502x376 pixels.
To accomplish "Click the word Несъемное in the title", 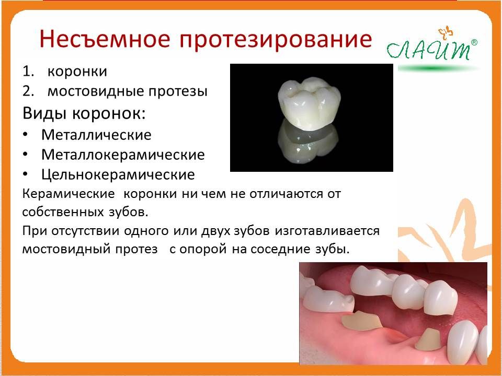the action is click(x=105, y=39).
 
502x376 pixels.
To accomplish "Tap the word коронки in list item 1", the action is click(x=77, y=72).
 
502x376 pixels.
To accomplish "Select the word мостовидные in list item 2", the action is click(x=95, y=91).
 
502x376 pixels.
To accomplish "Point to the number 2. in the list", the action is click(x=28, y=91).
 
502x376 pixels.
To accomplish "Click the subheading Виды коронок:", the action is click(x=84, y=113).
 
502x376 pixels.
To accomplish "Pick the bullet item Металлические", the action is click(x=96, y=135).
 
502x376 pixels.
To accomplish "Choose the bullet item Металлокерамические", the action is click(x=123, y=155).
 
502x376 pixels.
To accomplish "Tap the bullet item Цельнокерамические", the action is click(x=118, y=174).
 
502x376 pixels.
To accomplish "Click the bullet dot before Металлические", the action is click(x=25, y=135).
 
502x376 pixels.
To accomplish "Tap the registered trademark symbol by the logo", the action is click(x=474, y=42).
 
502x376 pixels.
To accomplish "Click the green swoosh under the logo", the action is click(x=438, y=68).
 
